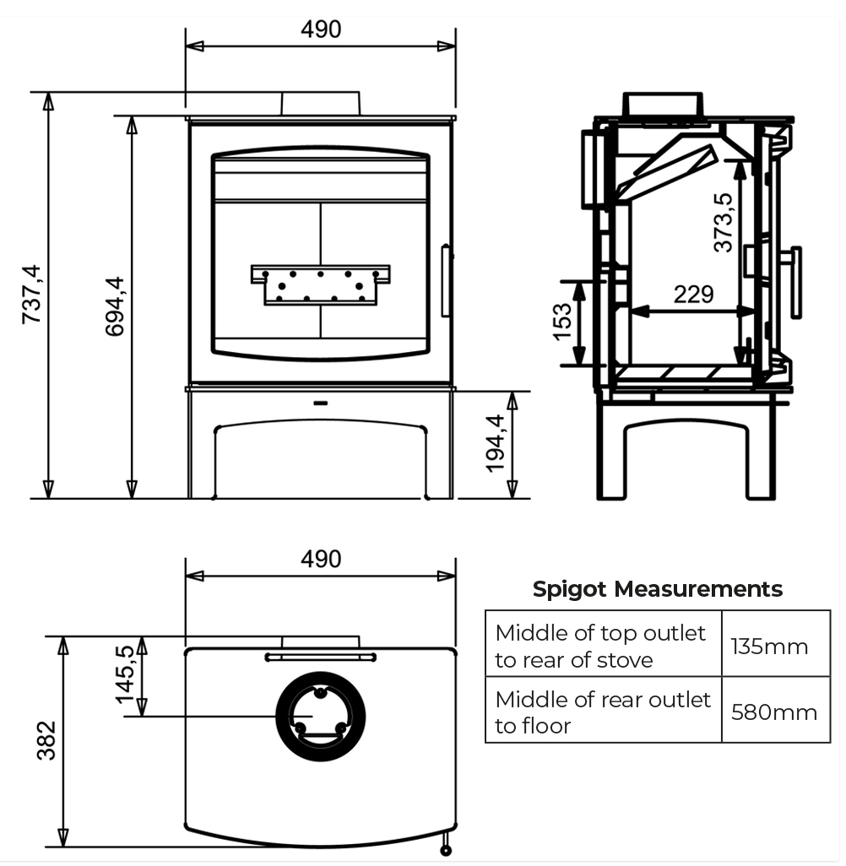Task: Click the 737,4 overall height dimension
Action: (31, 295)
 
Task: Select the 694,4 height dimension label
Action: (114, 306)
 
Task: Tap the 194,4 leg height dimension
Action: (496, 444)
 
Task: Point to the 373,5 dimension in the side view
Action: (723, 223)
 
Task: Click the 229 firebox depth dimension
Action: (693, 294)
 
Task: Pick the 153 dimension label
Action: (562, 322)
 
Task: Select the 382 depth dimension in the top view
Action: (46, 740)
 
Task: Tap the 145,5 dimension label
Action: (126, 675)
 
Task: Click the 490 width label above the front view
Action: (321, 29)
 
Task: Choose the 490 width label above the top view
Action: (321, 559)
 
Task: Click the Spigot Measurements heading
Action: (657, 589)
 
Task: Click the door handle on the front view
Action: (446, 281)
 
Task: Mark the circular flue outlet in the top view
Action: (321, 717)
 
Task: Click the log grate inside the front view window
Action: (321, 284)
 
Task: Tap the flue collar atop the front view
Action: (321, 104)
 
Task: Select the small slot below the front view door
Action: (321, 403)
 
